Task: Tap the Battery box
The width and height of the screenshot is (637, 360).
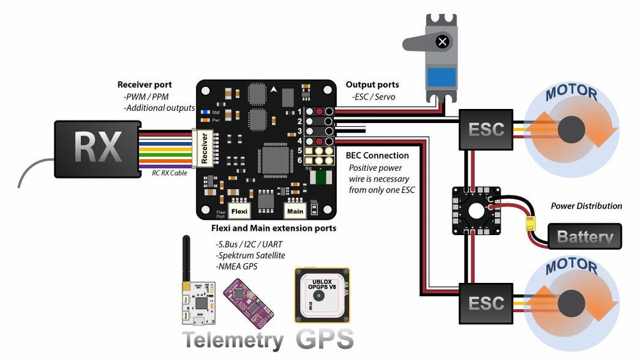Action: (x=585, y=236)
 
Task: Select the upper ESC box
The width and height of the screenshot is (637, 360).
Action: (x=486, y=129)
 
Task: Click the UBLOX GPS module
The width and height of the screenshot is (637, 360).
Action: (x=322, y=295)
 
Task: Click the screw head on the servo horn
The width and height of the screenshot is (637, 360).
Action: (x=443, y=42)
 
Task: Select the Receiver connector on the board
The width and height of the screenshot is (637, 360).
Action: (x=205, y=148)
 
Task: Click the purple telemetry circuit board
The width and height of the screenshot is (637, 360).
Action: (x=245, y=298)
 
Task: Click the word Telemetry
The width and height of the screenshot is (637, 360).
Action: (x=233, y=340)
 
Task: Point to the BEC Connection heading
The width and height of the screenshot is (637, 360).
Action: (x=377, y=155)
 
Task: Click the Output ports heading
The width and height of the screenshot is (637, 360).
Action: (x=372, y=85)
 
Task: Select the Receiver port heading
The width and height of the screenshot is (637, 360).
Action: (x=154, y=85)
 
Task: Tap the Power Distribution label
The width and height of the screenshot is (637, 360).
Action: (x=586, y=206)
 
